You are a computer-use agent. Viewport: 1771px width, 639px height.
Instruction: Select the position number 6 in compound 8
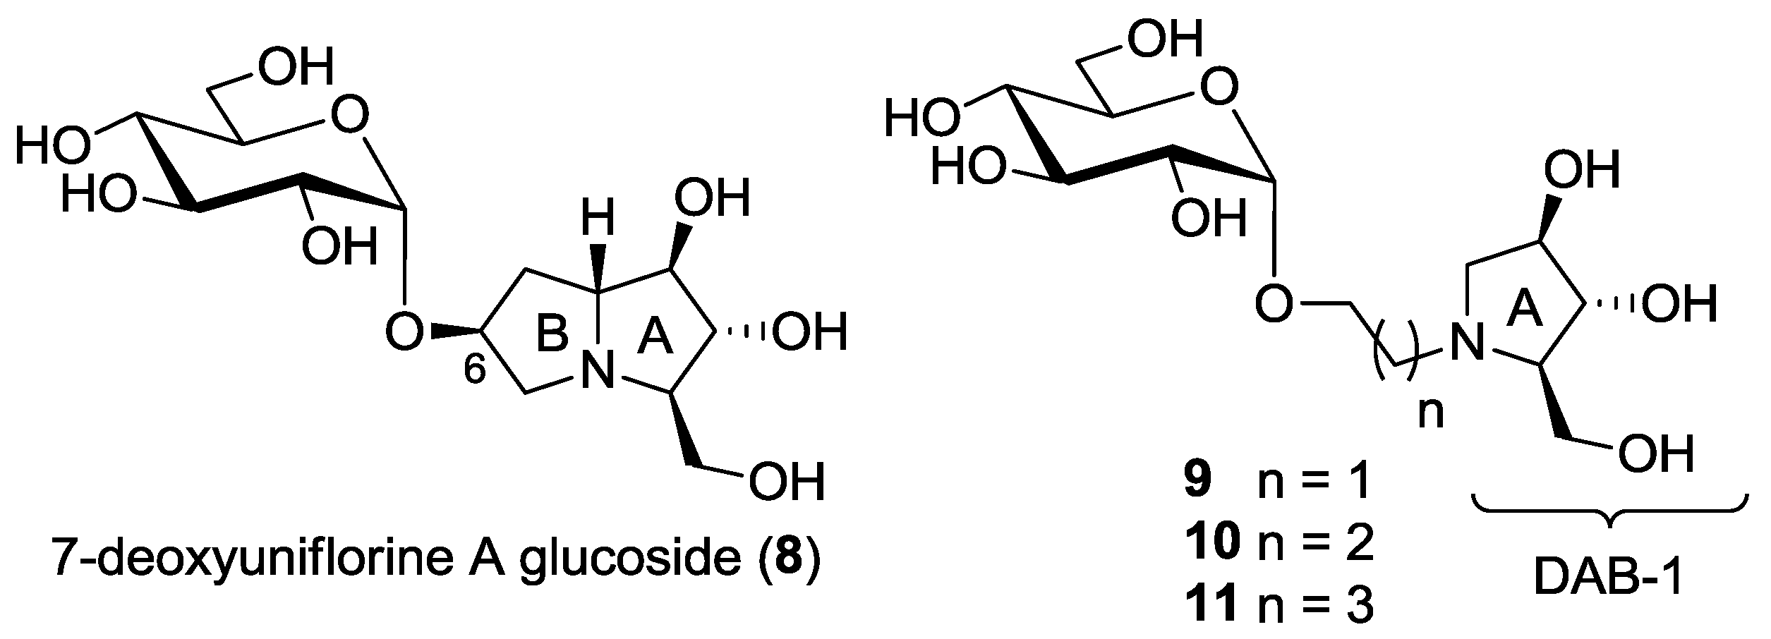coord(475,370)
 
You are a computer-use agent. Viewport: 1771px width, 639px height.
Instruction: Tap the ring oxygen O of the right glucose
coord(1219,91)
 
